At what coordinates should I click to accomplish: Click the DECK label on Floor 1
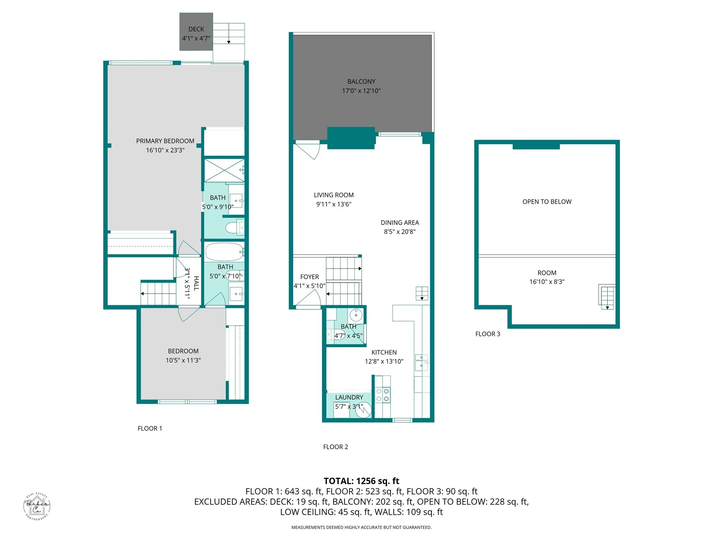coord(196,29)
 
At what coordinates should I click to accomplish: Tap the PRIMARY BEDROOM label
coord(165,141)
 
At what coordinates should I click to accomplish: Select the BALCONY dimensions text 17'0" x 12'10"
coord(361,91)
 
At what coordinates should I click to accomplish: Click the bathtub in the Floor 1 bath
coord(225,252)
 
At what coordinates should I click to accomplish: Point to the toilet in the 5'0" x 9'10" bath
coord(234,228)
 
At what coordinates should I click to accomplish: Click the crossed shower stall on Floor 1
coord(224,170)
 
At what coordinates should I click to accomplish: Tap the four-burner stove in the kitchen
coord(382,395)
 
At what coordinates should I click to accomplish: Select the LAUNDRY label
coord(349,397)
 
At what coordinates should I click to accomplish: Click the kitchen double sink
coord(421,363)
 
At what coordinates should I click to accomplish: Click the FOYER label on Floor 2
coord(309,277)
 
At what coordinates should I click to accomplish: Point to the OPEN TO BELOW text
coord(547,202)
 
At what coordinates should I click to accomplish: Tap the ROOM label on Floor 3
coord(547,273)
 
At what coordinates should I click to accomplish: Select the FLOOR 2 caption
coord(335,447)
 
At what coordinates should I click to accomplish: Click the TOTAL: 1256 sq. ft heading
coord(361,481)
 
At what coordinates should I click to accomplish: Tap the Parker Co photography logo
coord(37,506)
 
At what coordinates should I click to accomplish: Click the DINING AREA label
coord(400,223)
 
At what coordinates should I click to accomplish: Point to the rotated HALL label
coord(196,283)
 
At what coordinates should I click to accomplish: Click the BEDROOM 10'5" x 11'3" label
coord(183,351)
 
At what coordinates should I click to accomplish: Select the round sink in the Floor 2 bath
coord(355,314)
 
